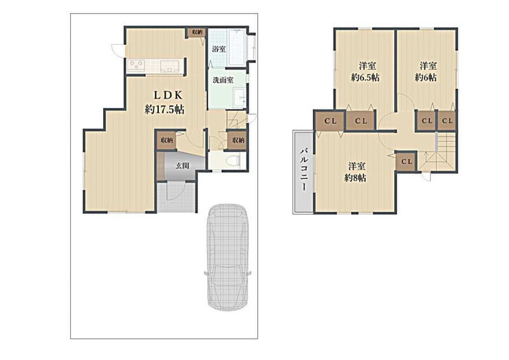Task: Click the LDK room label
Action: pyautogui.click(x=168, y=95)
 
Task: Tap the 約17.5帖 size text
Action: pyautogui.click(x=164, y=109)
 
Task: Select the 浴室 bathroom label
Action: pyautogui.click(x=219, y=50)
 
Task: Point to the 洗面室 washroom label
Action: pyautogui.click(x=223, y=80)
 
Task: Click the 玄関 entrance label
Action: pyautogui.click(x=182, y=166)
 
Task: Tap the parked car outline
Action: pyautogui.click(x=228, y=257)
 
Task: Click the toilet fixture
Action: pyautogui.click(x=233, y=160)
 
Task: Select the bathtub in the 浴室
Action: pyautogui.click(x=237, y=47)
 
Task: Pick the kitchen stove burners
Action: pyautogui.click(x=136, y=66)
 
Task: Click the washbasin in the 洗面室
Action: pyautogui.click(x=240, y=97)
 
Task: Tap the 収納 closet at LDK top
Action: pyautogui.click(x=197, y=32)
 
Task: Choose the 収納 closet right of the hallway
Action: pyautogui.click(x=238, y=140)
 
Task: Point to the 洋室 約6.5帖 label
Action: pyautogui.click(x=365, y=72)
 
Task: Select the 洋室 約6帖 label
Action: pyautogui.click(x=426, y=72)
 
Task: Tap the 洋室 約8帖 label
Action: pyautogui.click(x=356, y=172)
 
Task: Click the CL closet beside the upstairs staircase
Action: pyautogui.click(x=406, y=162)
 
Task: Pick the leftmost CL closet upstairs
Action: pyautogui.click(x=330, y=121)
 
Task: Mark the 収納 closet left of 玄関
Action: pyautogui.click(x=166, y=140)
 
